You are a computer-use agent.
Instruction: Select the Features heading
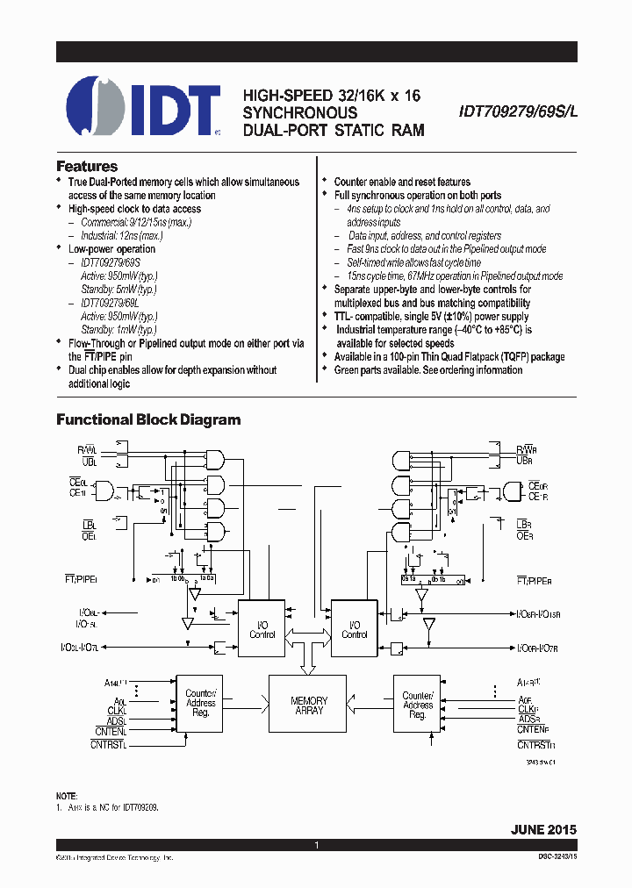pyautogui.click(x=87, y=166)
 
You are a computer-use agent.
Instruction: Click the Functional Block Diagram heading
pyautogui.click(x=148, y=419)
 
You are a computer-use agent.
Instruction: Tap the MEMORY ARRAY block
pyautogui.click(x=309, y=705)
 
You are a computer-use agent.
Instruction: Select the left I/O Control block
pyautogui.click(x=262, y=629)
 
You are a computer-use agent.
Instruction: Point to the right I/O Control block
pyautogui.click(x=354, y=629)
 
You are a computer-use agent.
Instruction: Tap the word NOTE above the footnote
pyautogui.click(x=67, y=793)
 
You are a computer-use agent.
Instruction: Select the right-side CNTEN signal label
pyautogui.click(x=533, y=729)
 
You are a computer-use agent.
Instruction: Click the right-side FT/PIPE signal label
pyautogui.click(x=533, y=580)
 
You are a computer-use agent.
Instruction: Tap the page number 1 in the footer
pyautogui.click(x=316, y=845)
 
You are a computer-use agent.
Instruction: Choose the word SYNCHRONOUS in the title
pyautogui.click(x=300, y=113)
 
